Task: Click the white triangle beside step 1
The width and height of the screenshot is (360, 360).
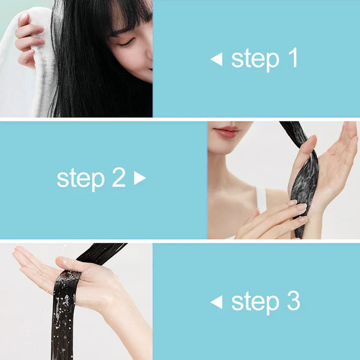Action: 217,59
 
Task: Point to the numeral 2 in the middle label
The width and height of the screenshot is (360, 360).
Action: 119,177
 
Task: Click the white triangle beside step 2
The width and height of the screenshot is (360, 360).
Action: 140,178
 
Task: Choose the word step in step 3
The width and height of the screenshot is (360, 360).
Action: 255,302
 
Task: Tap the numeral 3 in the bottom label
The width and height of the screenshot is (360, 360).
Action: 294,300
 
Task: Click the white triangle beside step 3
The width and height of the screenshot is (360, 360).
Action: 217,302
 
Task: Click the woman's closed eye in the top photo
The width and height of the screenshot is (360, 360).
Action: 127,43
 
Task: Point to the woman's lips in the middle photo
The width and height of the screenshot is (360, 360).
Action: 226,132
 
